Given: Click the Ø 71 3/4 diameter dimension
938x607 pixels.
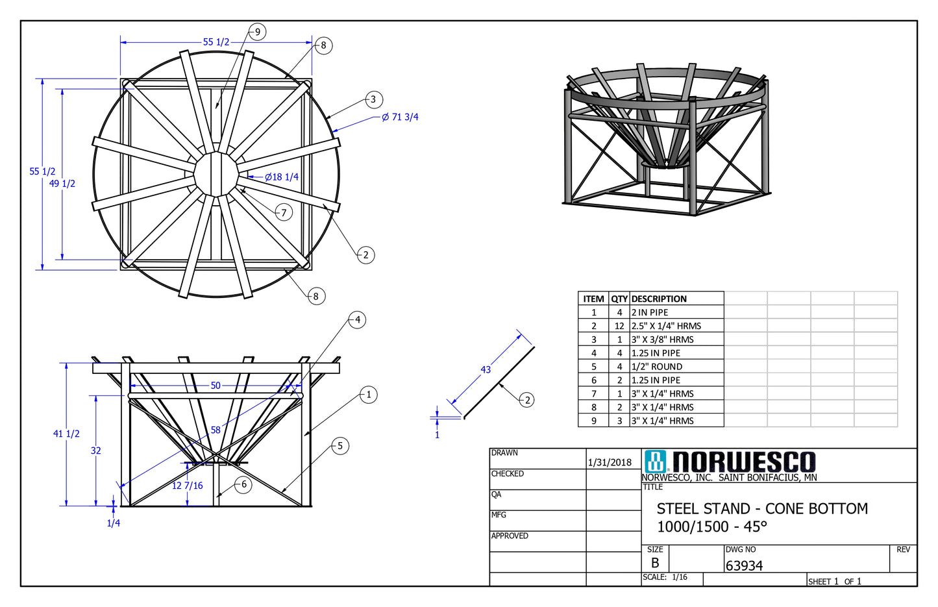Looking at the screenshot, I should pyautogui.click(x=400, y=118).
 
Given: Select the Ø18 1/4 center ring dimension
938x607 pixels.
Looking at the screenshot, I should pyautogui.click(x=281, y=177).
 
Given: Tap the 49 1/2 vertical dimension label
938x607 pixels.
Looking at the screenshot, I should pyautogui.click(x=62, y=184).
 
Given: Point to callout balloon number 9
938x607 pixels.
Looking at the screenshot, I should pyautogui.click(x=257, y=32).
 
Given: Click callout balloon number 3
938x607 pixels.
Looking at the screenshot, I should pyautogui.click(x=373, y=99).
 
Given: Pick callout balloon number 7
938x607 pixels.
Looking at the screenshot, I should pyautogui.click(x=284, y=212).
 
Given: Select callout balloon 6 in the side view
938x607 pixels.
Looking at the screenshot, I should pyautogui.click(x=243, y=484).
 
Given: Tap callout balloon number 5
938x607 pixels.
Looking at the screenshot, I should pyautogui.click(x=340, y=446).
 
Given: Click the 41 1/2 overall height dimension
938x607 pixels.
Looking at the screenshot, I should pyautogui.click(x=66, y=434).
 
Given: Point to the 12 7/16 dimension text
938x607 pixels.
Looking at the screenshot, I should pyautogui.click(x=187, y=486).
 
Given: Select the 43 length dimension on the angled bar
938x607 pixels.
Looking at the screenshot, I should pyautogui.click(x=486, y=370).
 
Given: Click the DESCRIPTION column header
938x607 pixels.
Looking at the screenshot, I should pyautogui.click(x=659, y=299).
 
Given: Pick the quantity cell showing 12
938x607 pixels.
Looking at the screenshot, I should pyautogui.click(x=619, y=326).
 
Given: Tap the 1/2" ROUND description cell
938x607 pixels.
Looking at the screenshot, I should pyautogui.click(x=657, y=367).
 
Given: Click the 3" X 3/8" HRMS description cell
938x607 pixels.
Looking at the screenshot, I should pyautogui.click(x=662, y=340).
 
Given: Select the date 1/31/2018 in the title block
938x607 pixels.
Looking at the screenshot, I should pyautogui.click(x=610, y=462).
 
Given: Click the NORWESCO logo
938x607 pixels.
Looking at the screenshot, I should pyautogui.click(x=730, y=462).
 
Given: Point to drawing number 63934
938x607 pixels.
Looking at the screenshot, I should pyautogui.click(x=744, y=566).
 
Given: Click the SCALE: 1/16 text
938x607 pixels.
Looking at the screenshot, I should pyautogui.click(x=665, y=577).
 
